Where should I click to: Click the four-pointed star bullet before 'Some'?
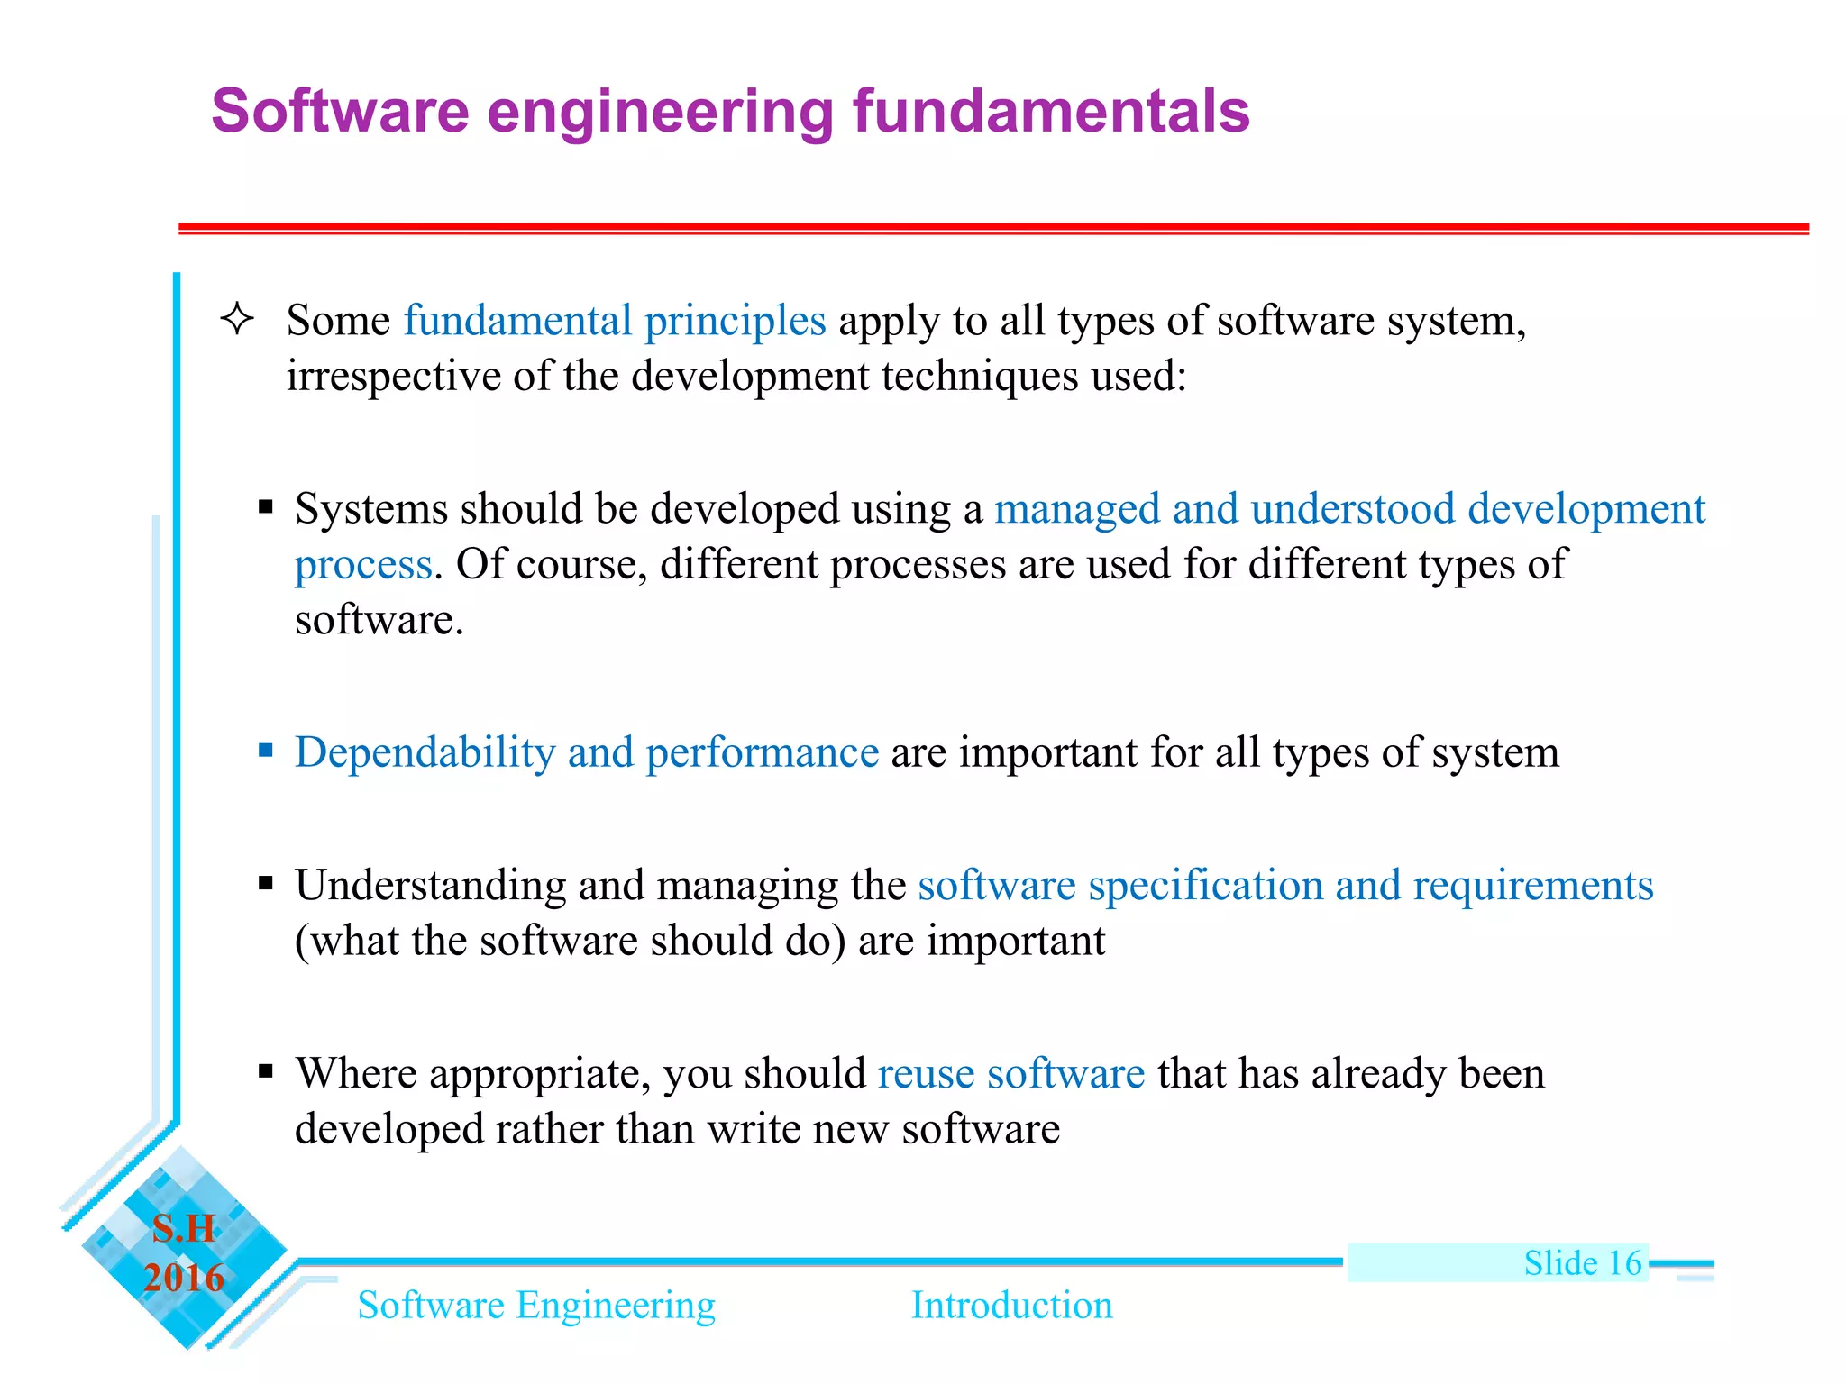[237, 319]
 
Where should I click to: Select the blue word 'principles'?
[735, 321]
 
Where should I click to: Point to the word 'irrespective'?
[393, 377]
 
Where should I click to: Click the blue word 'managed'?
[1076, 510]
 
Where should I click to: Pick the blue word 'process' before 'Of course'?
[363, 565]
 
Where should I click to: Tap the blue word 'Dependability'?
[425, 752]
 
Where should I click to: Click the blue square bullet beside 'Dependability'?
[265, 750]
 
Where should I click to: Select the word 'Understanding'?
[430, 885]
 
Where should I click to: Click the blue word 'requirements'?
[1532, 886]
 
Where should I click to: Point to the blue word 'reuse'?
[926, 1074]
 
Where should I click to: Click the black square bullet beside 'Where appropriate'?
[265, 1071]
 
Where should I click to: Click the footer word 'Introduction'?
[1011, 1306]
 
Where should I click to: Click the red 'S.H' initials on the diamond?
[184, 1229]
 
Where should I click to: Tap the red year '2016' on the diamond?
[184, 1278]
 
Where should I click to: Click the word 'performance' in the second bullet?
[762, 752]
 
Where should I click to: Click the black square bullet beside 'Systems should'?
[265, 507]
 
